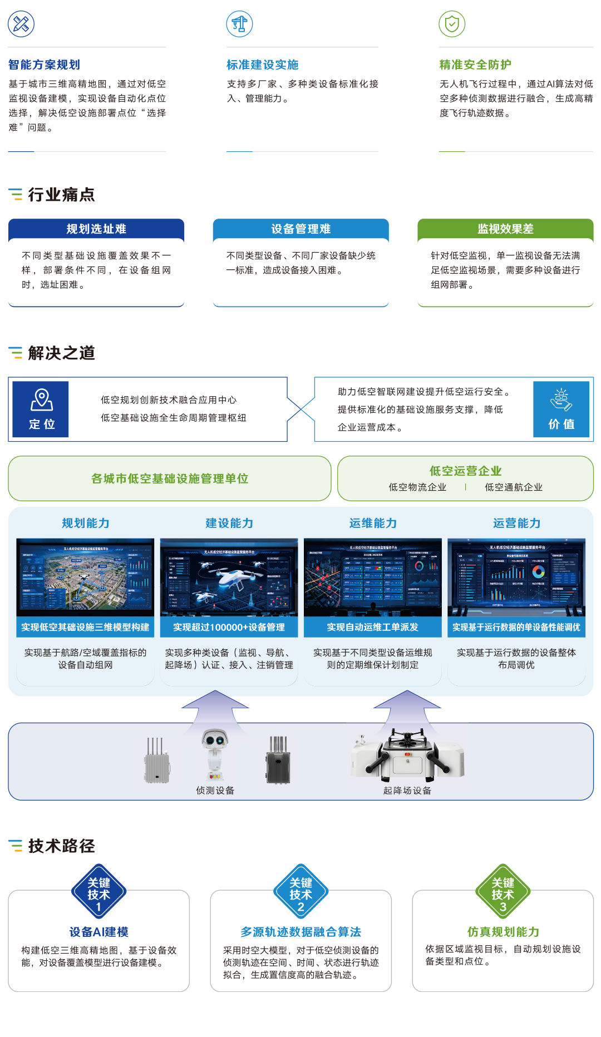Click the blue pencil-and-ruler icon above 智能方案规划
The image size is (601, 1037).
coord(21,24)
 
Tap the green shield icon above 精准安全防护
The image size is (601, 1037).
coord(452,24)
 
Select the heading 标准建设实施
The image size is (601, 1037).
coord(263,65)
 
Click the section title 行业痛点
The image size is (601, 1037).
coord(61,195)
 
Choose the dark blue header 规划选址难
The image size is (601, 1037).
coord(96,229)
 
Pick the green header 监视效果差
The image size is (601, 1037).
coord(505,229)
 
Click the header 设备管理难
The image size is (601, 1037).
coord(300,229)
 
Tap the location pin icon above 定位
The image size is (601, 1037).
coord(42,399)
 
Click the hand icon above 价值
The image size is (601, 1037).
coord(561,399)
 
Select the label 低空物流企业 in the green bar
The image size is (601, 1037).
coord(417,487)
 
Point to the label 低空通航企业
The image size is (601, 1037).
coord(514,487)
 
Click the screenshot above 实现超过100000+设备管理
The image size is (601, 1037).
coord(229,577)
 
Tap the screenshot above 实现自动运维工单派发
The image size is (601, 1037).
coord(373,577)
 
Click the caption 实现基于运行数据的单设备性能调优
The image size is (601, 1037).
coord(516,627)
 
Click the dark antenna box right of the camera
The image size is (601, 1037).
coord(278,760)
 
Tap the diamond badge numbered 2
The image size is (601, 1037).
coord(300,890)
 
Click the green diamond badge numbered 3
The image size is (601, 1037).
coord(503,890)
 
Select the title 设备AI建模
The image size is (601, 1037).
coord(98,932)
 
